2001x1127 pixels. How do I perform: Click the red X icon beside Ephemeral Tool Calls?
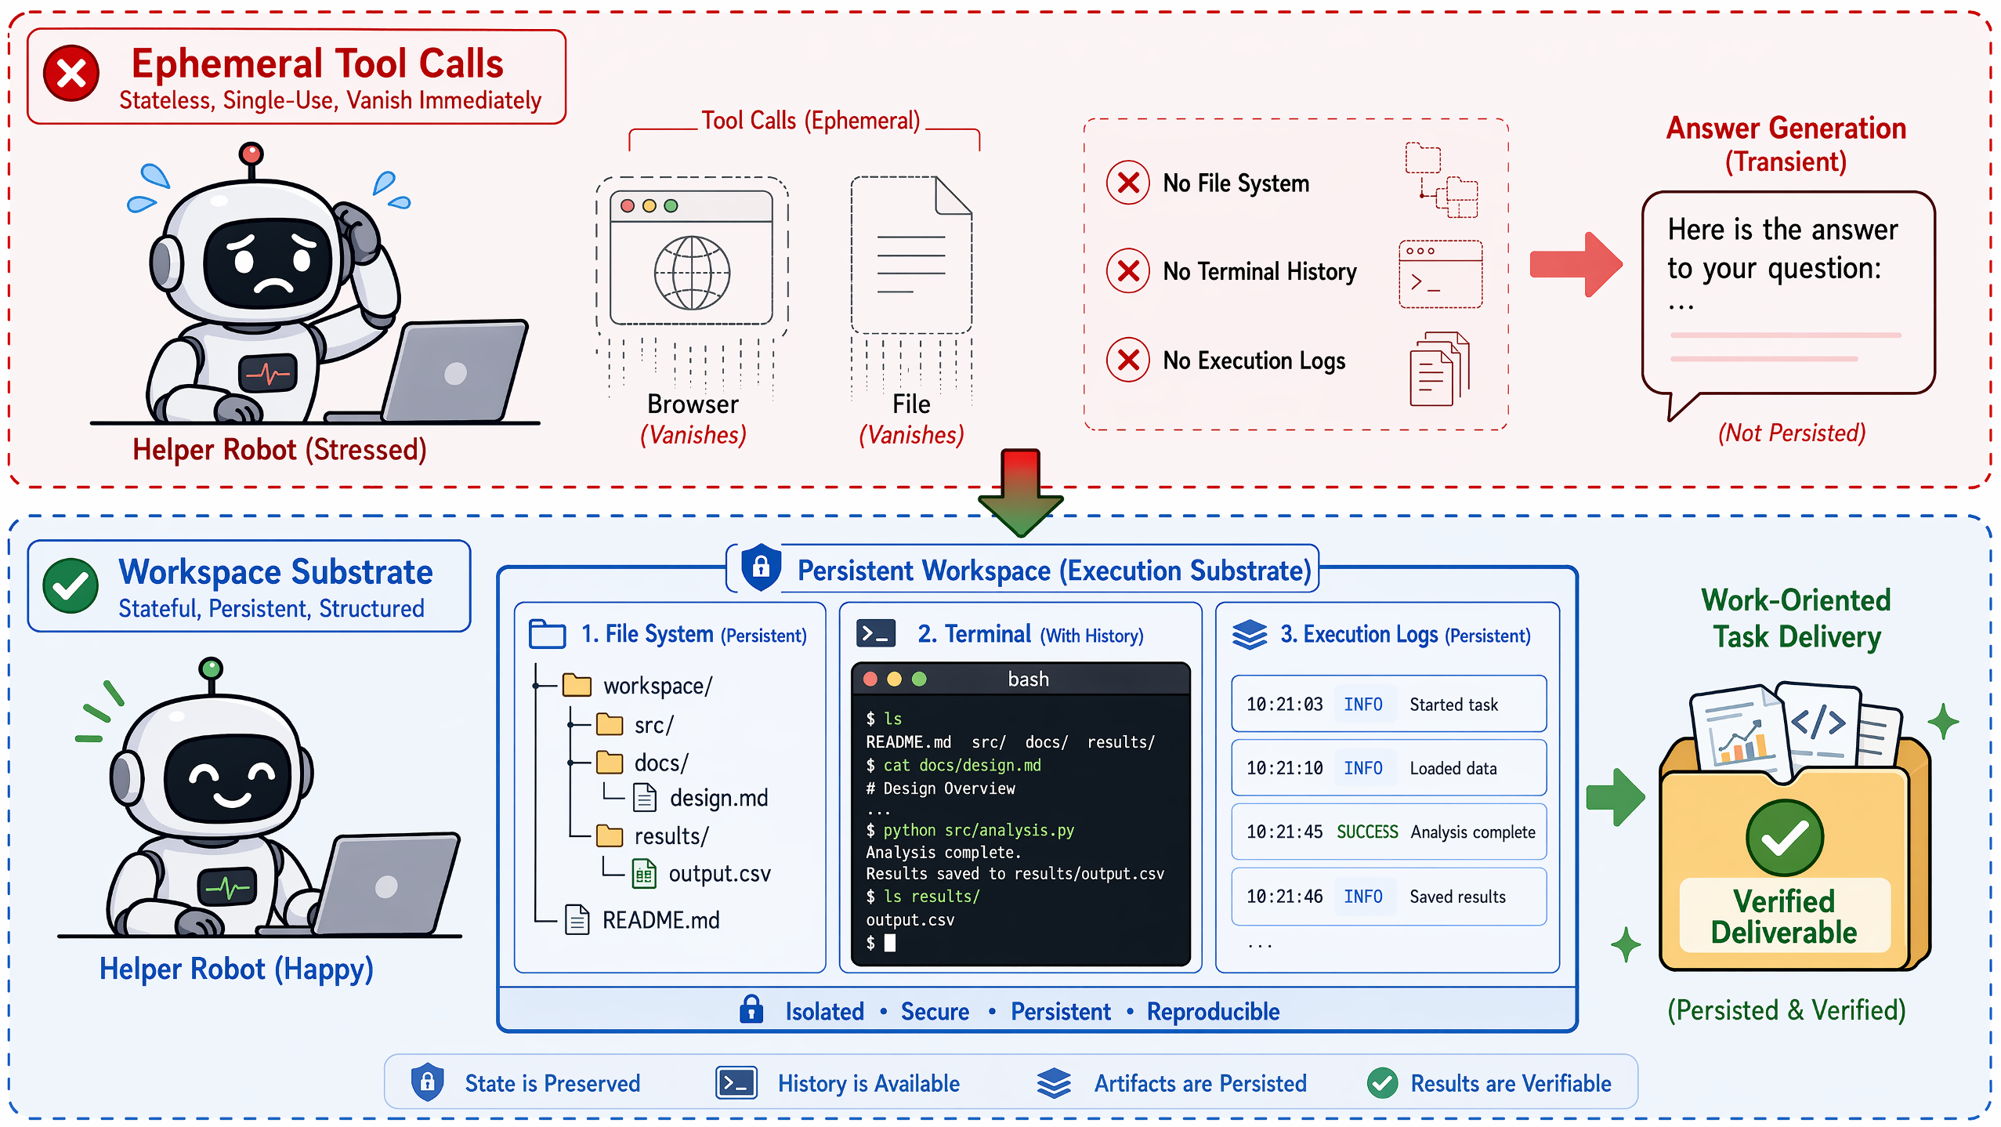pos(71,74)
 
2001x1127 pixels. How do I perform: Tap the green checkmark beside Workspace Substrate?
pos(71,585)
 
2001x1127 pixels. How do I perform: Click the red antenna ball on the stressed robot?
pos(251,152)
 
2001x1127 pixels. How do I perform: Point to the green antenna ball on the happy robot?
pos(211,668)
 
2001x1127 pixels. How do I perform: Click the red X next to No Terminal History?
pos(1127,270)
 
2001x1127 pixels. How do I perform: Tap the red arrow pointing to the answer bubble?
pos(1576,264)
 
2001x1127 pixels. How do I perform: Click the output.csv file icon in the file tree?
pos(643,873)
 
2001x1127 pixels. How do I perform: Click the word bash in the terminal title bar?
pos(1028,679)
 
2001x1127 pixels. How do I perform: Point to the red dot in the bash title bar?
pos(870,679)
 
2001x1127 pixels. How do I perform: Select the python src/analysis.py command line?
pos(970,830)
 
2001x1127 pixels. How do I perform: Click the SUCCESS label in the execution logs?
pos(1367,832)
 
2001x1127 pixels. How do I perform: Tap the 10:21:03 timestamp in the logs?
pos(1284,705)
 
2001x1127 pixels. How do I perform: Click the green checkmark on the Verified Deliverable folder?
pos(1785,837)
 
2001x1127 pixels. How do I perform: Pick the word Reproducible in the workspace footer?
pos(1213,1011)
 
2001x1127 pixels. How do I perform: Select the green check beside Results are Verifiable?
pos(1382,1083)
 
